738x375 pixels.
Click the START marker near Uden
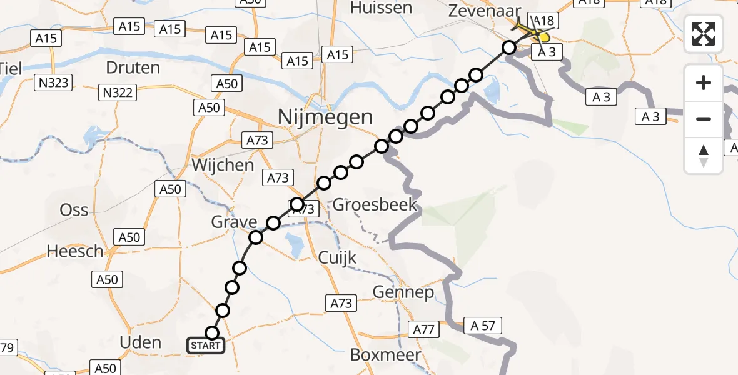pos(206,345)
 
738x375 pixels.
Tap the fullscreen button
pos(704,34)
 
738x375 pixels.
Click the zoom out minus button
pos(704,119)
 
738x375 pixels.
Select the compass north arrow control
pos(704,156)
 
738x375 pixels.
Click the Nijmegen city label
pos(326,116)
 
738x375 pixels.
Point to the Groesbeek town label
pos(375,205)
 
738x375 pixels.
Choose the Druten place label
pos(132,67)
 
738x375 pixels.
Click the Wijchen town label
pos(223,165)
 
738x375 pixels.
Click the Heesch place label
pos(75,251)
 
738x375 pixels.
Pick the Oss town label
pos(74,210)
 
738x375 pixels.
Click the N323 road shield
pos(54,82)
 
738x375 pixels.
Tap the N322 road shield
pos(117,93)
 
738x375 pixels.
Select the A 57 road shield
pos(482,325)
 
